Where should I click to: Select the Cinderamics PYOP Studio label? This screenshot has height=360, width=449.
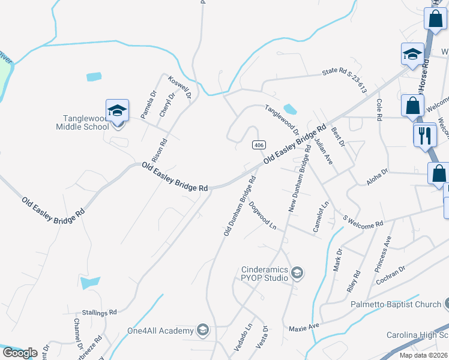click(265, 274)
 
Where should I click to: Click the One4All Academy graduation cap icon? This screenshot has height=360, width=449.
click(203, 331)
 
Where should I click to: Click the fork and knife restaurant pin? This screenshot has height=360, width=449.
click(425, 134)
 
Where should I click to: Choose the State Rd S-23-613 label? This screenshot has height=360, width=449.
click(344, 79)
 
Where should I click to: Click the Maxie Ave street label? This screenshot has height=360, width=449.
click(304, 327)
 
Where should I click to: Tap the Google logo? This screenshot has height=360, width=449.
click(20, 353)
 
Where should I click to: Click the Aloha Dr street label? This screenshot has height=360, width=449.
click(376, 176)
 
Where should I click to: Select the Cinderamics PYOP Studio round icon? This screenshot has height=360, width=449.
click(297, 274)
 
